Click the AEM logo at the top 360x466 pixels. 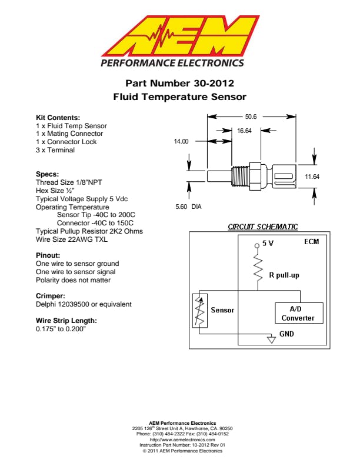click(179, 36)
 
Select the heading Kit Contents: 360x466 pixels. click(58, 118)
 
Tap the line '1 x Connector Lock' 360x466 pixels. click(66, 142)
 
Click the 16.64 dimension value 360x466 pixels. click(244, 131)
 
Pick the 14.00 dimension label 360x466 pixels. click(181, 142)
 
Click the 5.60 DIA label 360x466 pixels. click(189, 207)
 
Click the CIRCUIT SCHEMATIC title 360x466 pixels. click(262, 227)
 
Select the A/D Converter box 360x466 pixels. click(299, 313)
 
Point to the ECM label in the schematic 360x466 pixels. click(311, 242)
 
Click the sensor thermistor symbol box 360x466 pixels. click(199, 311)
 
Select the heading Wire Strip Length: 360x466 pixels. click(66, 321)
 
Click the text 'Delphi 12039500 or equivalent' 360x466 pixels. click(84, 304)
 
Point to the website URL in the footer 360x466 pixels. click(179, 440)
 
